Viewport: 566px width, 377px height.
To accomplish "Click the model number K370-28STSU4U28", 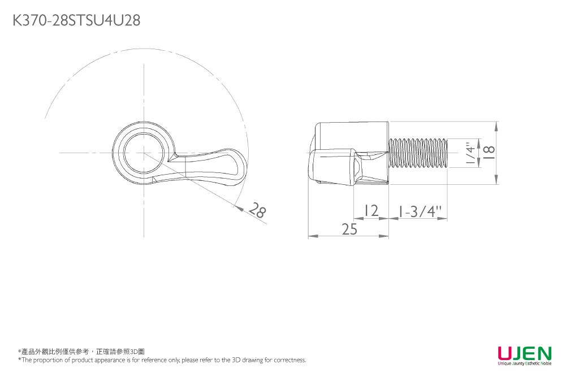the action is [76, 20].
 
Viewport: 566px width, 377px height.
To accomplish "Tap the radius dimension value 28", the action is [258, 210].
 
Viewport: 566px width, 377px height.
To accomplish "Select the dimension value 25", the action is [349, 229].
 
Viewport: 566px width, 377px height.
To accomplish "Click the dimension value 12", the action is [371, 210].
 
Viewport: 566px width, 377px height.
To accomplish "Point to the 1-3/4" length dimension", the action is [420, 211].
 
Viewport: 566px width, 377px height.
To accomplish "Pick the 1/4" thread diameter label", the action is [470, 153].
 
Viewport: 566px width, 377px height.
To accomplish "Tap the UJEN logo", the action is [525, 353].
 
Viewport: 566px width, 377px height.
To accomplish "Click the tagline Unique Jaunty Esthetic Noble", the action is [525, 363].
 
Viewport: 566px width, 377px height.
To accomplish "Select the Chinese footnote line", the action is [81, 352].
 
